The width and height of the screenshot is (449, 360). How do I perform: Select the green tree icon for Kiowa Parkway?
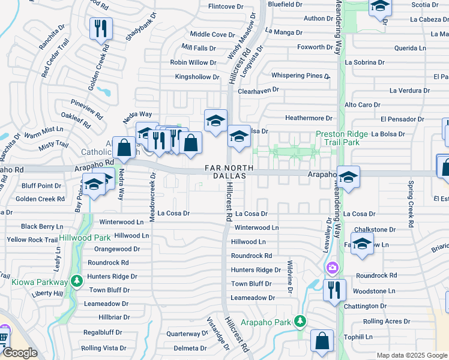(x=76, y=281)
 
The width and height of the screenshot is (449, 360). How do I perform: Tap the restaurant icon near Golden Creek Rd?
(x=101, y=28)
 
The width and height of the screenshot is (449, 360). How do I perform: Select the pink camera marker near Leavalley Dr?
(x=331, y=266)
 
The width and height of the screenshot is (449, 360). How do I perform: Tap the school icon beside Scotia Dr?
(x=379, y=7)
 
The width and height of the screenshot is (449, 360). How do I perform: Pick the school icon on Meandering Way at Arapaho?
(x=348, y=177)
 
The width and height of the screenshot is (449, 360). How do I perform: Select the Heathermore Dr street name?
(x=309, y=118)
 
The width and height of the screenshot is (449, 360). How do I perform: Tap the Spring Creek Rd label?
(x=411, y=205)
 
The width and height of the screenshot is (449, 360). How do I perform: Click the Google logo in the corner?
(x=20, y=352)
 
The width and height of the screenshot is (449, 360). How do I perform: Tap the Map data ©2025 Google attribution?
(x=412, y=355)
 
